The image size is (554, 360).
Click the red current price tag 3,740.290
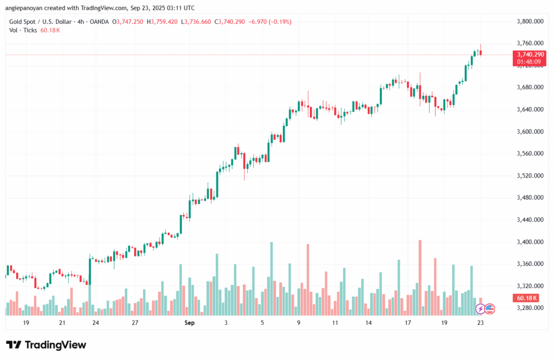pyautogui.click(x=527, y=54)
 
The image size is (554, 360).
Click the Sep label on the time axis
pyautogui.click(x=189, y=323)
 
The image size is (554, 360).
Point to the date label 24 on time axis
pyautogui.click(x=96, y=323)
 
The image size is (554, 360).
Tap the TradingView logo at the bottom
pyautogui.click(x=46, y=345)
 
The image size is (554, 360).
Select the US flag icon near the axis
pyautogui.click(x=490, y=309)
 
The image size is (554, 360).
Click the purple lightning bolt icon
pyautogui.click(x=480, y=309)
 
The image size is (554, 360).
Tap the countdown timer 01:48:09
pyautogui.click(x=527, y=62)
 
